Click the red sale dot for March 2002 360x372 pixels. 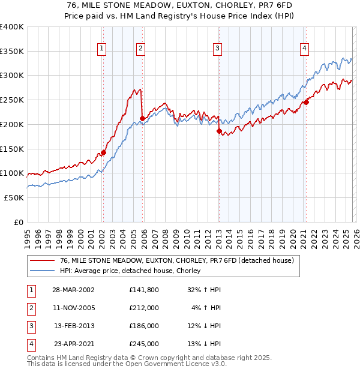point(103,153)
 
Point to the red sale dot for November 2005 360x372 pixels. point(142,119)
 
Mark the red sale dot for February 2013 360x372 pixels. point(219,131)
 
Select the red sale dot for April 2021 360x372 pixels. point(306,103)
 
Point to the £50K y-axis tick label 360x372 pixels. point(13,197)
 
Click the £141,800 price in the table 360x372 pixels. point(143,290)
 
